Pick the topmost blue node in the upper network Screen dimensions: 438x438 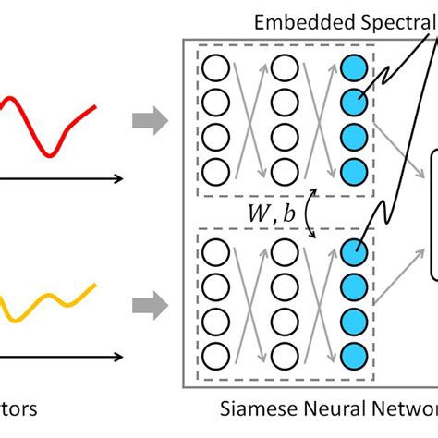[x=352, y=67]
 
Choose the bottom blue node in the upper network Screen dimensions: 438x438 [x=352, y=170]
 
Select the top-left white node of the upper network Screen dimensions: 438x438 [x=214, y=67]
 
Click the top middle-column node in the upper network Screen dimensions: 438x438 [x=283, y=67]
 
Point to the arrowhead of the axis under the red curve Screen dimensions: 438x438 [x=121, y=178]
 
